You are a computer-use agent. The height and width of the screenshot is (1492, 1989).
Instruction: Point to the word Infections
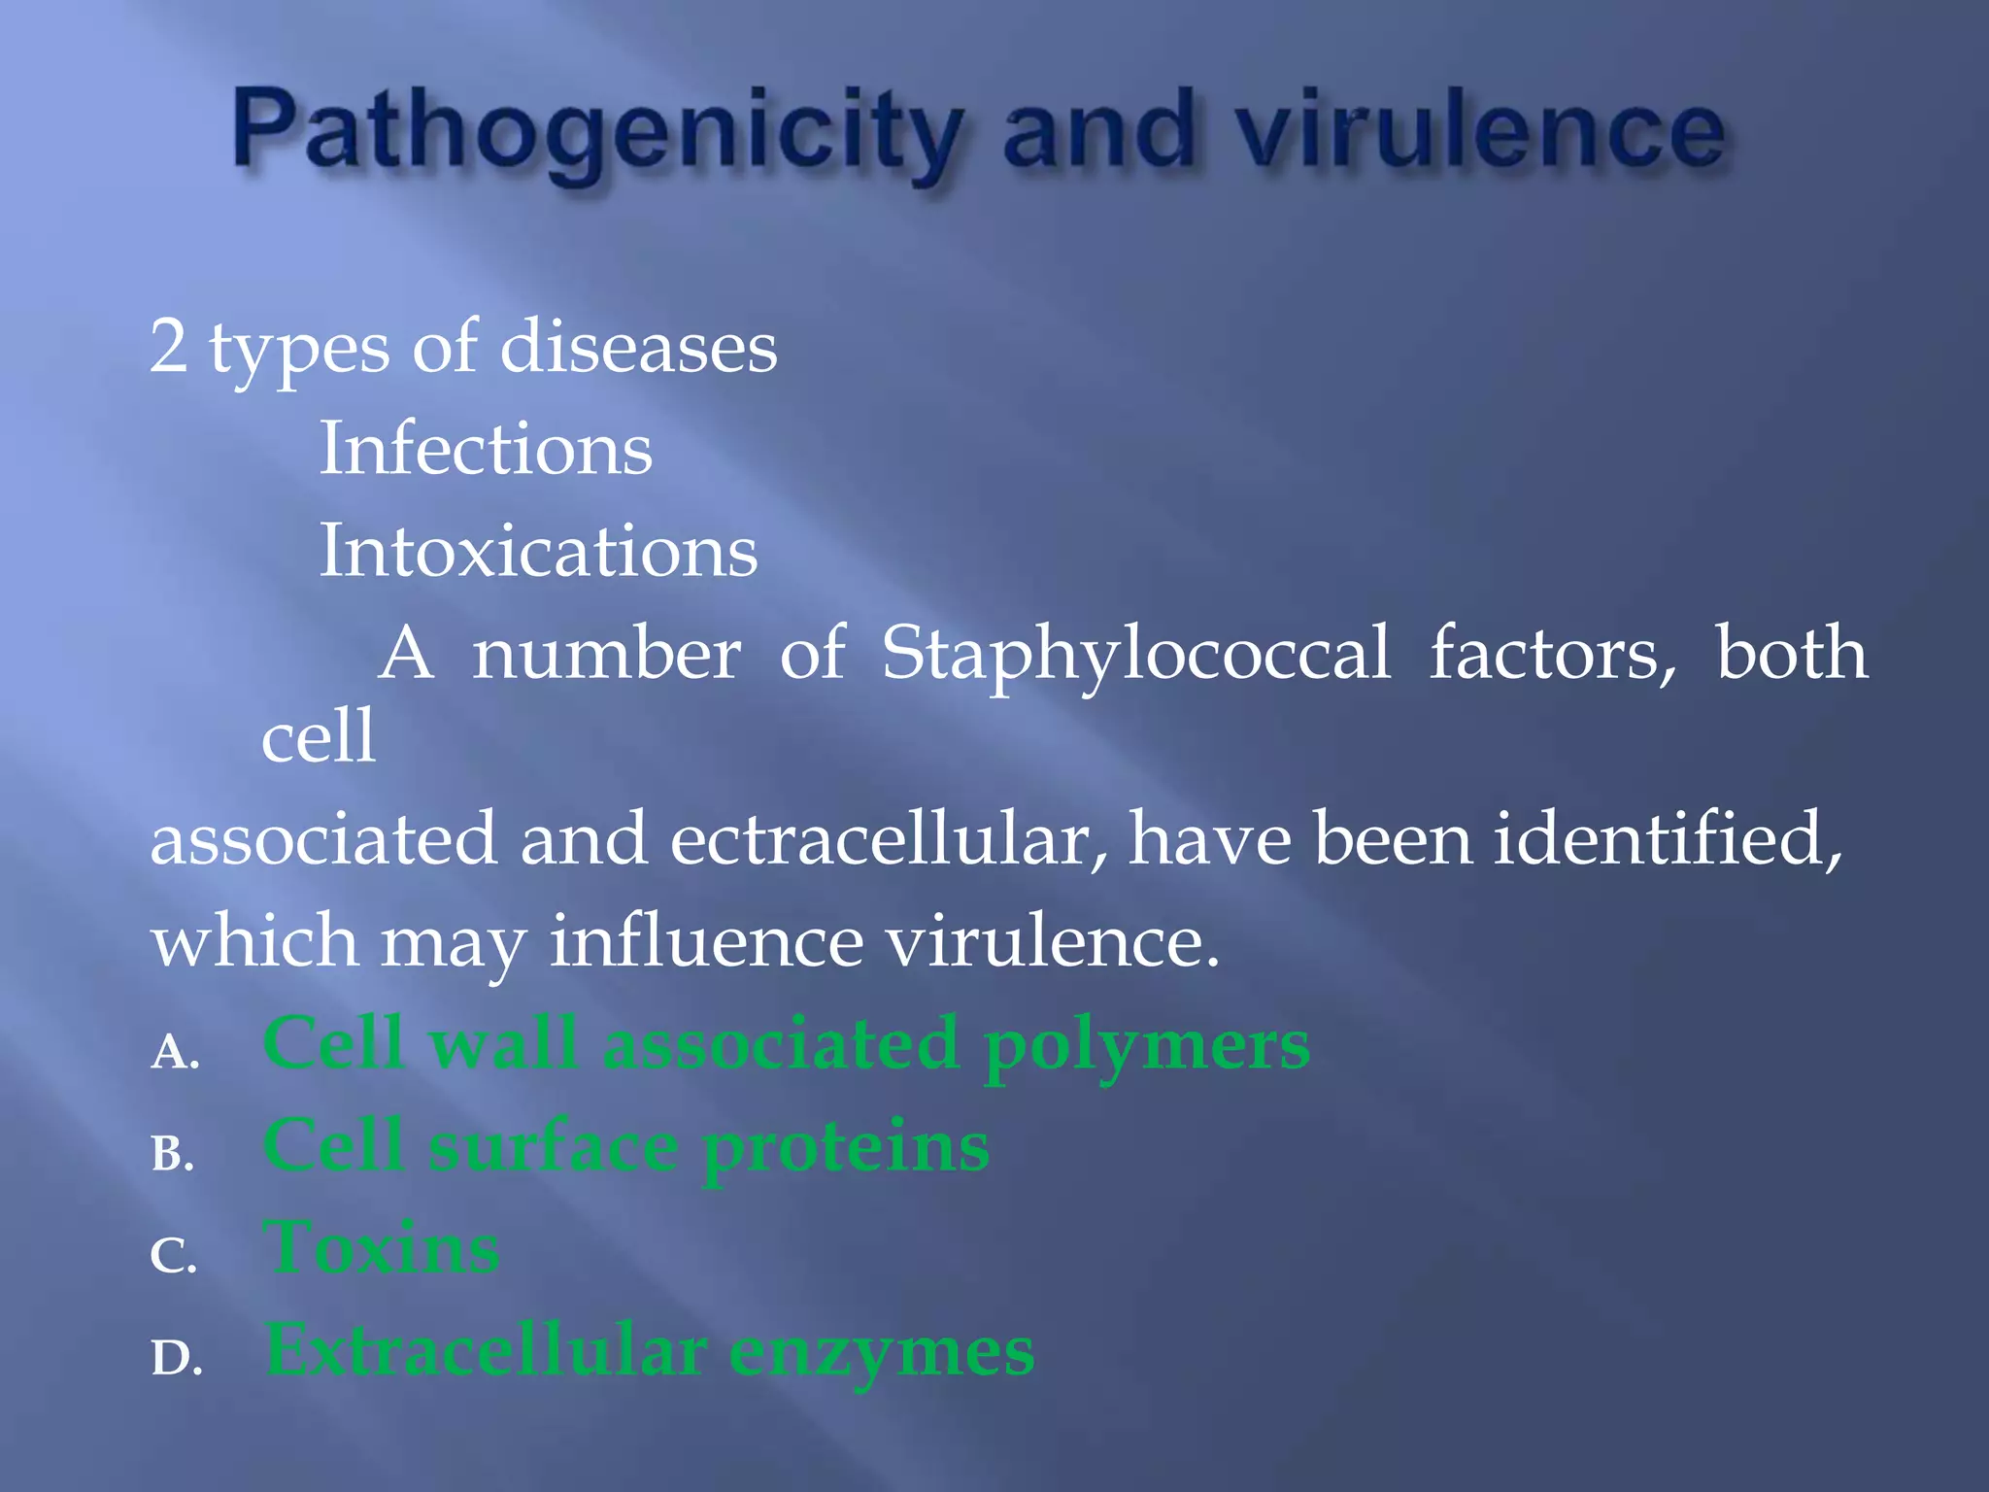point(486,449)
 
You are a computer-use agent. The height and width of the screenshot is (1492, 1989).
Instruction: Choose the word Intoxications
point(538,551)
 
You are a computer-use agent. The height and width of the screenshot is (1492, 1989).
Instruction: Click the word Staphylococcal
point(1135,655)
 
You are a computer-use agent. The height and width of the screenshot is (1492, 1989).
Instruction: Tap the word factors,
point(1552,653)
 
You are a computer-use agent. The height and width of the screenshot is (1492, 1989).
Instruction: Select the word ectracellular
point(889,839)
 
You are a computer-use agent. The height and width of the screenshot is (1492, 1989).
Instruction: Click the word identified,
point(1667,839)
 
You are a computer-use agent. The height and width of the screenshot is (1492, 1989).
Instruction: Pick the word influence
point(706,941)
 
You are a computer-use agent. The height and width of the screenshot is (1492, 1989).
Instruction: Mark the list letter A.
point(174,1052)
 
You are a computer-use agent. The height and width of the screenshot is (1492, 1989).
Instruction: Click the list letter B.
point(173,1154)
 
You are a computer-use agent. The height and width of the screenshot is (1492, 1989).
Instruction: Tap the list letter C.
point(173,1256)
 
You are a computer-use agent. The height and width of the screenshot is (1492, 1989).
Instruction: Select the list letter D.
point(176,1358)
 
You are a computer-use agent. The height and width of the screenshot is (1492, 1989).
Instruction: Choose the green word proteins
point(845,1148)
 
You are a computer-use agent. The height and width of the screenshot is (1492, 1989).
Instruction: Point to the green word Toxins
point(382,1248)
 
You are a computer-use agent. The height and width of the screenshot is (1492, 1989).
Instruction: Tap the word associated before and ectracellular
point(324,839)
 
